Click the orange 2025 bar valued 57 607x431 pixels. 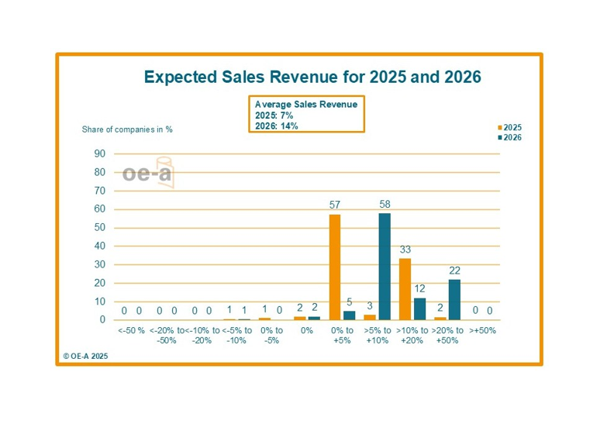pos(335,267)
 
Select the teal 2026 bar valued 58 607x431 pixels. pos(385,266)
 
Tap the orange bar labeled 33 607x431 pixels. pos(405,288)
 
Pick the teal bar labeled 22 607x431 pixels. pos(454,299)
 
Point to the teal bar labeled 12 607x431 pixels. pos(419,309)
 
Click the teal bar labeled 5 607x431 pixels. pos(349,315)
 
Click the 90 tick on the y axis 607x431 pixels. pos(100,153)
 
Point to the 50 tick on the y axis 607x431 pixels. pos(100,228)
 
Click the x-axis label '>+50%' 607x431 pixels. pos(482,330)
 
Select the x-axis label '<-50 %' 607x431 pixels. pos(131,330)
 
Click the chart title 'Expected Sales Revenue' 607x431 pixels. pos(313,78)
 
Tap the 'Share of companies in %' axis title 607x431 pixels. pos(127,129)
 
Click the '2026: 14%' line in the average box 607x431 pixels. pos(277,126)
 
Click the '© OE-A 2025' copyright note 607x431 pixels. pos(85,356)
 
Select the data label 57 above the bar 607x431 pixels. pos(335,205)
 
